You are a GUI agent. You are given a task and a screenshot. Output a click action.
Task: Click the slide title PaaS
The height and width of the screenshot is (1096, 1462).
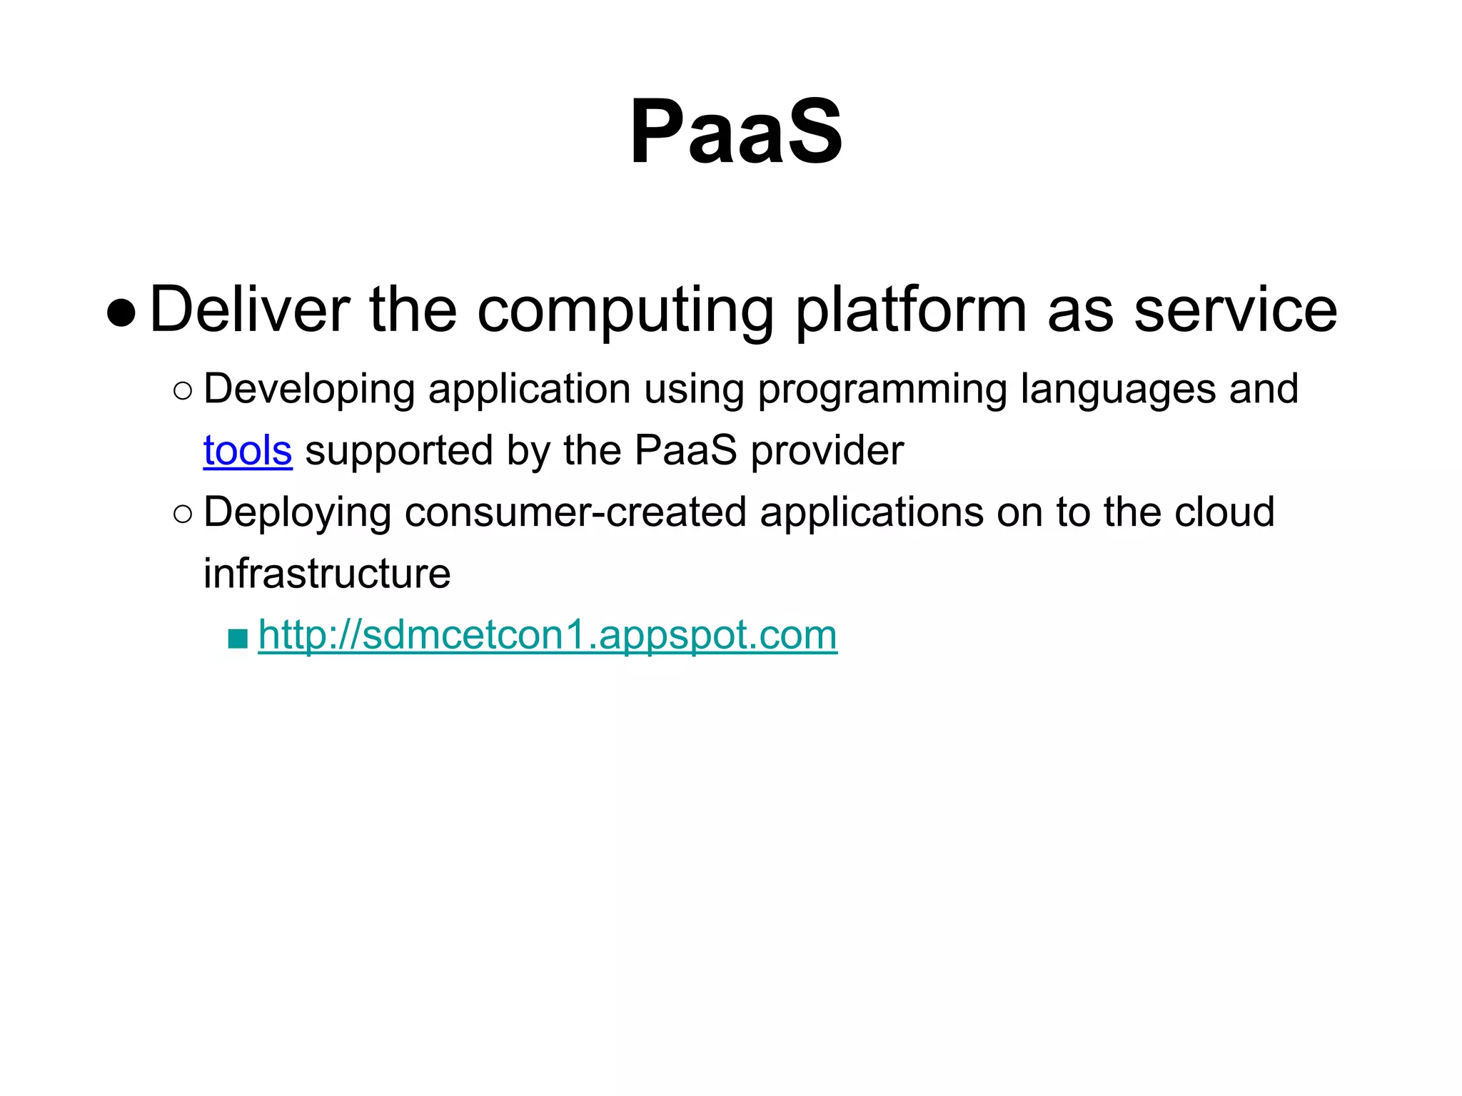coord(735,133)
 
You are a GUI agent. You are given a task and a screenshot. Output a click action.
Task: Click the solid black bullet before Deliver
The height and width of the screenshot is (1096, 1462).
coord(121,313)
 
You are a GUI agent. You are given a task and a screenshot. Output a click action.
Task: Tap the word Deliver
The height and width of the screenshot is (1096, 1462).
coord(249,310)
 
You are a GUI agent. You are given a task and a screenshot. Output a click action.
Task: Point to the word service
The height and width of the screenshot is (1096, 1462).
coord(1235,310)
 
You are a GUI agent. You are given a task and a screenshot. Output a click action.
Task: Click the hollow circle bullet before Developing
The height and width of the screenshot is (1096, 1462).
coord(183,391)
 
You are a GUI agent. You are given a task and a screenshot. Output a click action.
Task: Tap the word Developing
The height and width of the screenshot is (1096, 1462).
coord(309,390)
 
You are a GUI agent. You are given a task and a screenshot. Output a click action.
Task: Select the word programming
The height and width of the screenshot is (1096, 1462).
coord(882,390)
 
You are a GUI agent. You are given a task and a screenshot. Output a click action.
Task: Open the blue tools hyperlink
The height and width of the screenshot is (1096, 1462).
coord(248,451)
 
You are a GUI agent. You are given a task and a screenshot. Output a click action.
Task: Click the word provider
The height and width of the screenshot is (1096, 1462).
coord(827,451)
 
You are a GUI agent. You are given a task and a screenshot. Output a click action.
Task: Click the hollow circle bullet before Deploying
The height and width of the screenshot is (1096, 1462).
coord(183,514)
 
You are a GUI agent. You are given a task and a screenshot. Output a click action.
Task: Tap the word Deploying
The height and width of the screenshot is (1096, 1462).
coord(297,513)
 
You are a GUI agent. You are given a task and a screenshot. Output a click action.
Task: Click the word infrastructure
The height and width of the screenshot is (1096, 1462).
coord(327,574)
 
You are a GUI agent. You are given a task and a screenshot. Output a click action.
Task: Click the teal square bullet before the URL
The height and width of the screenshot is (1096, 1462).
coord(238,638)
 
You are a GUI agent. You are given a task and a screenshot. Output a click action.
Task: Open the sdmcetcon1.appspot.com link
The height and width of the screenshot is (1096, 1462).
coord(548,635)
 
